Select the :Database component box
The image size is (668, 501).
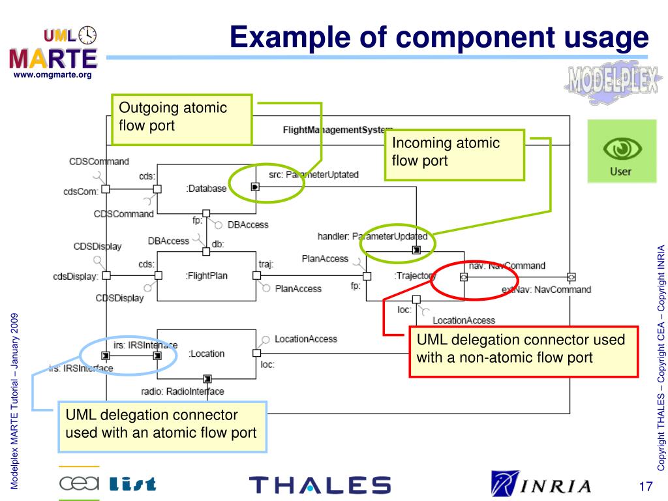click(x=206, y=189)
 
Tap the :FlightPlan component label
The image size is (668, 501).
click(x=206, y=276)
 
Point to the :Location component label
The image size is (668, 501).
click(x=206, y=354)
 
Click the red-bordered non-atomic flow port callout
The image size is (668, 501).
click(x=523, y=350)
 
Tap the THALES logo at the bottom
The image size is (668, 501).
click(x=320, y=485)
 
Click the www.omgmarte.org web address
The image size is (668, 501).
click(x=53, y=75)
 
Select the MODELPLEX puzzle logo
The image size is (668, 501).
click(x=611, y=83)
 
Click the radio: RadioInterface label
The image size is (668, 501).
click(x=183, y=391)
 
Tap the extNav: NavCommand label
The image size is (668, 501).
click(x=546, y=289)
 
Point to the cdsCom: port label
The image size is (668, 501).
click(x=80, y=191)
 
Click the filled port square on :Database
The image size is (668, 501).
click(x=255, y=187)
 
